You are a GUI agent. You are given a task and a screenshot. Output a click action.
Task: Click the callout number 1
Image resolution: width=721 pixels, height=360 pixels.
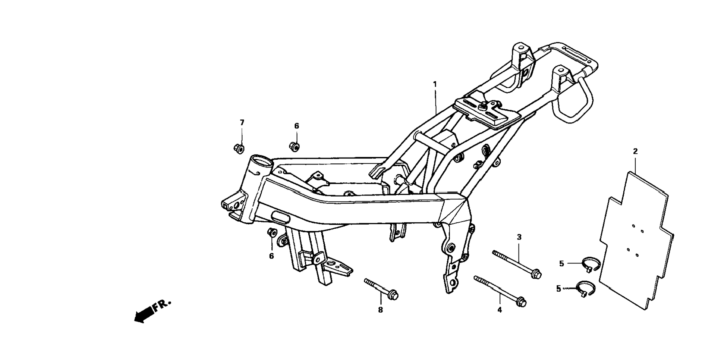click(434, 84)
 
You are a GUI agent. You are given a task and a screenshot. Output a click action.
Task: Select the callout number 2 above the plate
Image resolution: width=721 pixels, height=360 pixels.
click(635, 151)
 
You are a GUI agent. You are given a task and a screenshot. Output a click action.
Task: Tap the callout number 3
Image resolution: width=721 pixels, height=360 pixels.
click(519, 237)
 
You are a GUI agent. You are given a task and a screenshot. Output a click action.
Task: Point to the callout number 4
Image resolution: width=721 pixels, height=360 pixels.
click(499, 310)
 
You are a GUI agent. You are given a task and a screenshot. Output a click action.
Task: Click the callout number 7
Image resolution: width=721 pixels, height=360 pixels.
click(242, 122)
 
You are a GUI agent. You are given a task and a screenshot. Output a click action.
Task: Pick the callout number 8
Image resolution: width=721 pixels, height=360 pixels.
click(380, 310)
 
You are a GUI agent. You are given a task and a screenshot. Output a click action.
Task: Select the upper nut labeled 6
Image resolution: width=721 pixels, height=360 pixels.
click(294, 146)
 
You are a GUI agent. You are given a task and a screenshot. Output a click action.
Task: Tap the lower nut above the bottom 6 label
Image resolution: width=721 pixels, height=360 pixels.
click(272, 232)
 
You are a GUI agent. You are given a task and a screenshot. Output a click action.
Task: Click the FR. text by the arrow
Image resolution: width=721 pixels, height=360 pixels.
click(161, 305)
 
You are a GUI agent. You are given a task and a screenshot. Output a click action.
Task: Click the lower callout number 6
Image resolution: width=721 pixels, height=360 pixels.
click(271, 256)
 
